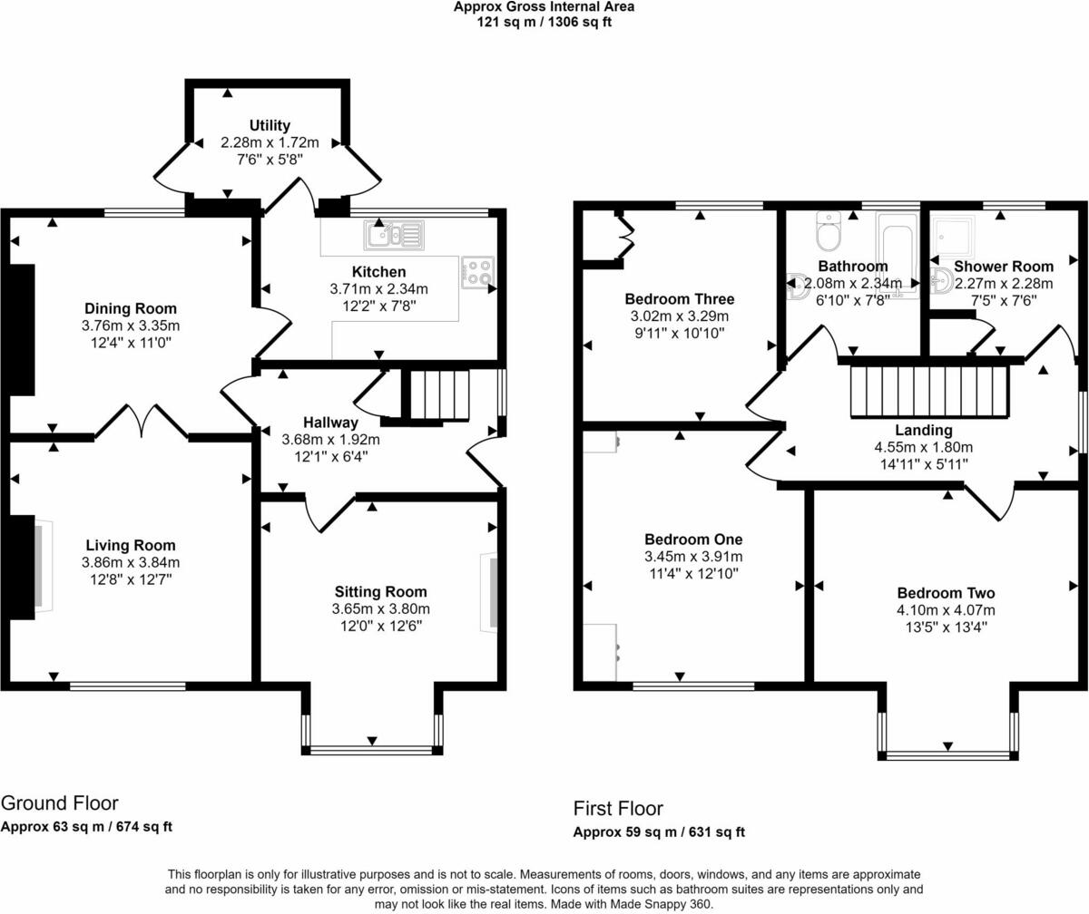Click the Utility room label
tap(270, 125)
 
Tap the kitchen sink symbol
tap(394, 235)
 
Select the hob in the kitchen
tap(477, 272)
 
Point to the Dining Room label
tap(131, 308)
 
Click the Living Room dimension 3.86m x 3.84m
tap(131, 562)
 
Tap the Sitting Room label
tap(381, 591)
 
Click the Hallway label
tap(330, 423)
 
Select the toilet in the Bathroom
tap(829, 231)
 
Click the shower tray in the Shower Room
tap(953, 236)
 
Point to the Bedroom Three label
tap(680, 299)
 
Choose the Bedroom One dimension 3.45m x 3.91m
tap(693, 556)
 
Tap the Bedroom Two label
tap(947, 593)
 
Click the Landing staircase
tap(930, 392)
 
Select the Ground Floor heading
tap(60, 803)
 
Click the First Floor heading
tap(618, 808)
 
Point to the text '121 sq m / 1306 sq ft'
tap(544, 22)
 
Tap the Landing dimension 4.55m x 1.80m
tap(924, 447)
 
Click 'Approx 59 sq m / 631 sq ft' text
tap(659, 832)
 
